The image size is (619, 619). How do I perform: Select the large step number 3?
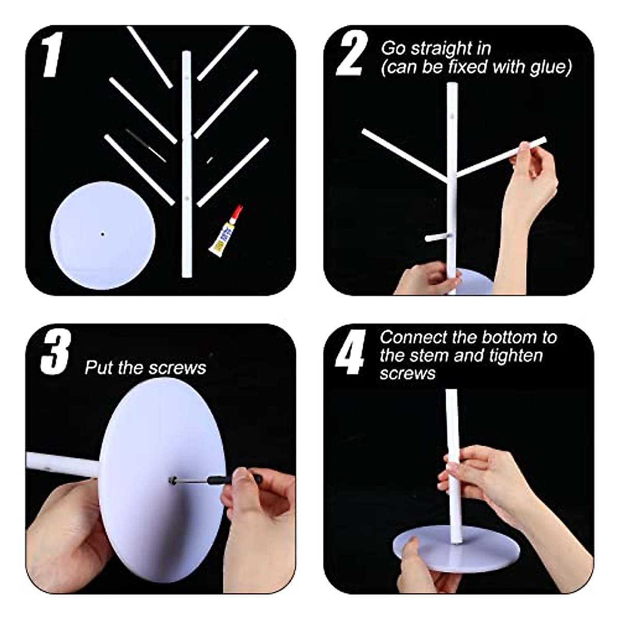pyautogui.click(x=56, y=352)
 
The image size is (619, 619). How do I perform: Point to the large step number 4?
pyautogui.click(x=350, y=352)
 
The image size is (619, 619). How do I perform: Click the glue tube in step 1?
pyautogui.click(x=225, y=232)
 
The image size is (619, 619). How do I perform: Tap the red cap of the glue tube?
pyautogui.click(x=238, y=211)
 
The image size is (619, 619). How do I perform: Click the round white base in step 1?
pyautogui.click(x=103, y=235)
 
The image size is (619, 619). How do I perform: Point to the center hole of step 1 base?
pyautogui.click(x=103, y=234)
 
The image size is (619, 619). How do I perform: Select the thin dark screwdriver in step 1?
pyautogui.click(x=146, y=145)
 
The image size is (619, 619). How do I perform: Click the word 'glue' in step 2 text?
pyautogui.click(x=550, y=68)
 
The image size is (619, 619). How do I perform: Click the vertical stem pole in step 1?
pyautogui.click(x=187, y=164)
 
